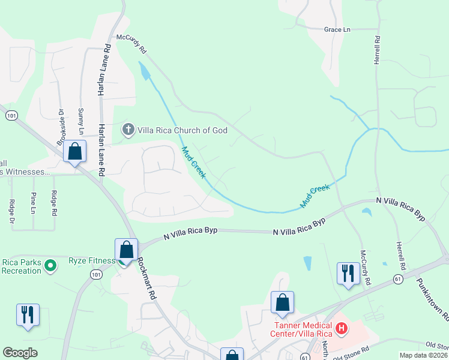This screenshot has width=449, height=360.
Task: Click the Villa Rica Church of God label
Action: (182, 130)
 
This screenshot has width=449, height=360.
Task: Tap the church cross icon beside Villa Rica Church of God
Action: (127, 130)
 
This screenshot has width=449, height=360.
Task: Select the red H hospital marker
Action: (341, 328)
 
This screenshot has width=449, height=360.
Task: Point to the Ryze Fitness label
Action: (91, 260)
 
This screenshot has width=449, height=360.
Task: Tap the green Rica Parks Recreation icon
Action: (50, 265)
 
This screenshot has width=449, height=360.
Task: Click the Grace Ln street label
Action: (337, 29)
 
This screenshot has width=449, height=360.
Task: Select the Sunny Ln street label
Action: (81, 122)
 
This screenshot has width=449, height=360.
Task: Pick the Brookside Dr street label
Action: (61, 127)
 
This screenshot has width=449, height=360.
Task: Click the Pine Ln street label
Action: (32, 203)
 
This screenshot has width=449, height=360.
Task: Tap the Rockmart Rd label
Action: (147, 275)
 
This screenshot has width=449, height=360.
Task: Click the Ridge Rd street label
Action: (53, 203)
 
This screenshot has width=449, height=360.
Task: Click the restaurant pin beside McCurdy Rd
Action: (348, 274)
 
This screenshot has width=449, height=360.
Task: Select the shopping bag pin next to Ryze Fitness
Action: (127, 250)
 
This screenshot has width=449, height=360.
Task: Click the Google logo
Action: (20, 352)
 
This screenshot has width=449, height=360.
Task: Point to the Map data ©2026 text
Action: (423, 355)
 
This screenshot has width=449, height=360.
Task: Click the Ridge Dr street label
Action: (11, 203)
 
